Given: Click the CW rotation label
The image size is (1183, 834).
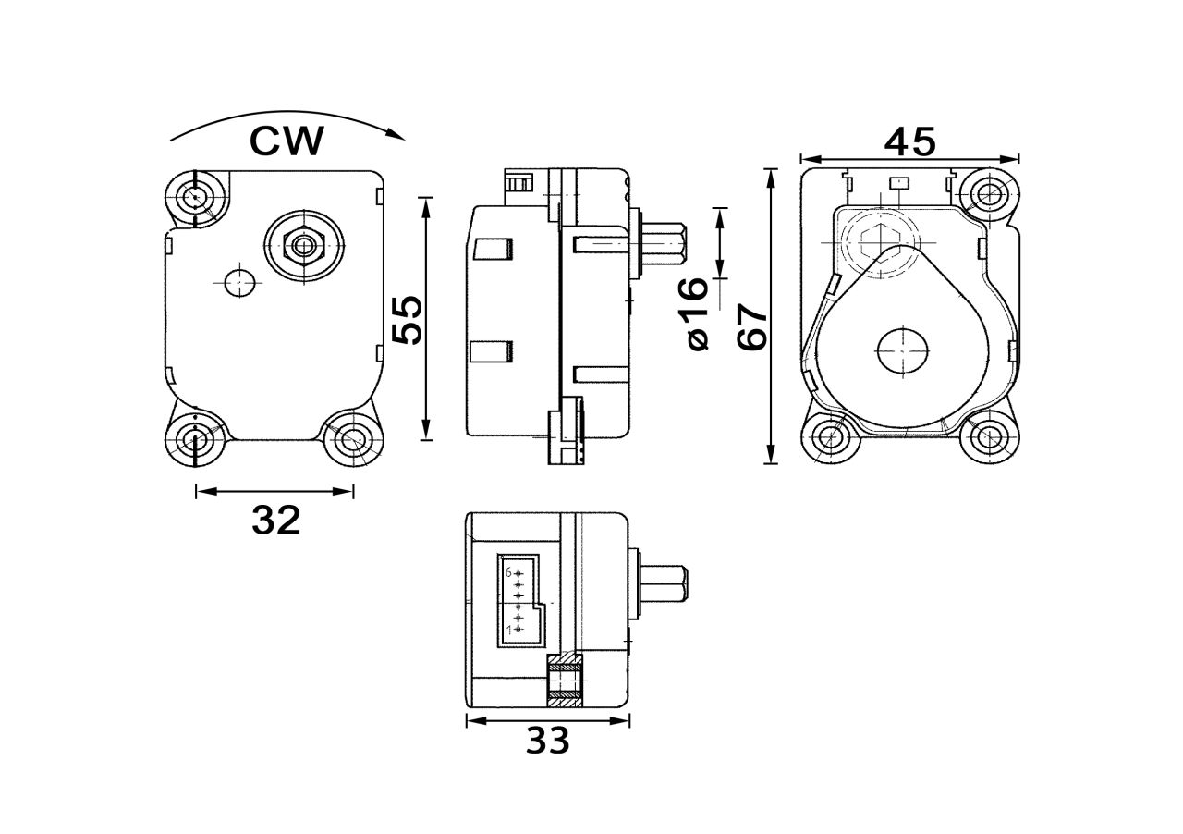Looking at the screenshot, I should coord(287,141).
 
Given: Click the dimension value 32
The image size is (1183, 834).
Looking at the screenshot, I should coord(276,521).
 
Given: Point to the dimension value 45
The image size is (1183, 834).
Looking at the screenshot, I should coord(910,141).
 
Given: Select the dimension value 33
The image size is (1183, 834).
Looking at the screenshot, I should coord(548,740).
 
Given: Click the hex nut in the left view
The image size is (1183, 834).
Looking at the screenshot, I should coord(302,244).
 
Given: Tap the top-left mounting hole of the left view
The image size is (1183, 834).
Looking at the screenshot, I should coord(195,197).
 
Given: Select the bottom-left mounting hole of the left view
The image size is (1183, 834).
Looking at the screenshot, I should coord(195,440).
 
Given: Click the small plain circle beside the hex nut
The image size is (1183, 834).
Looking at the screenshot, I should coord(239,281).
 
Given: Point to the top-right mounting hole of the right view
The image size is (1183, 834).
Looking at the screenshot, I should coord(990,195).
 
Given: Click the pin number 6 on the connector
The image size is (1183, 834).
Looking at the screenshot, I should coord(508,572).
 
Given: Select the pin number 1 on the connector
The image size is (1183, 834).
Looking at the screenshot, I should coord(508,630).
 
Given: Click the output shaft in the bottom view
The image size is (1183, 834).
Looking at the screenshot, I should coord(662,586).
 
